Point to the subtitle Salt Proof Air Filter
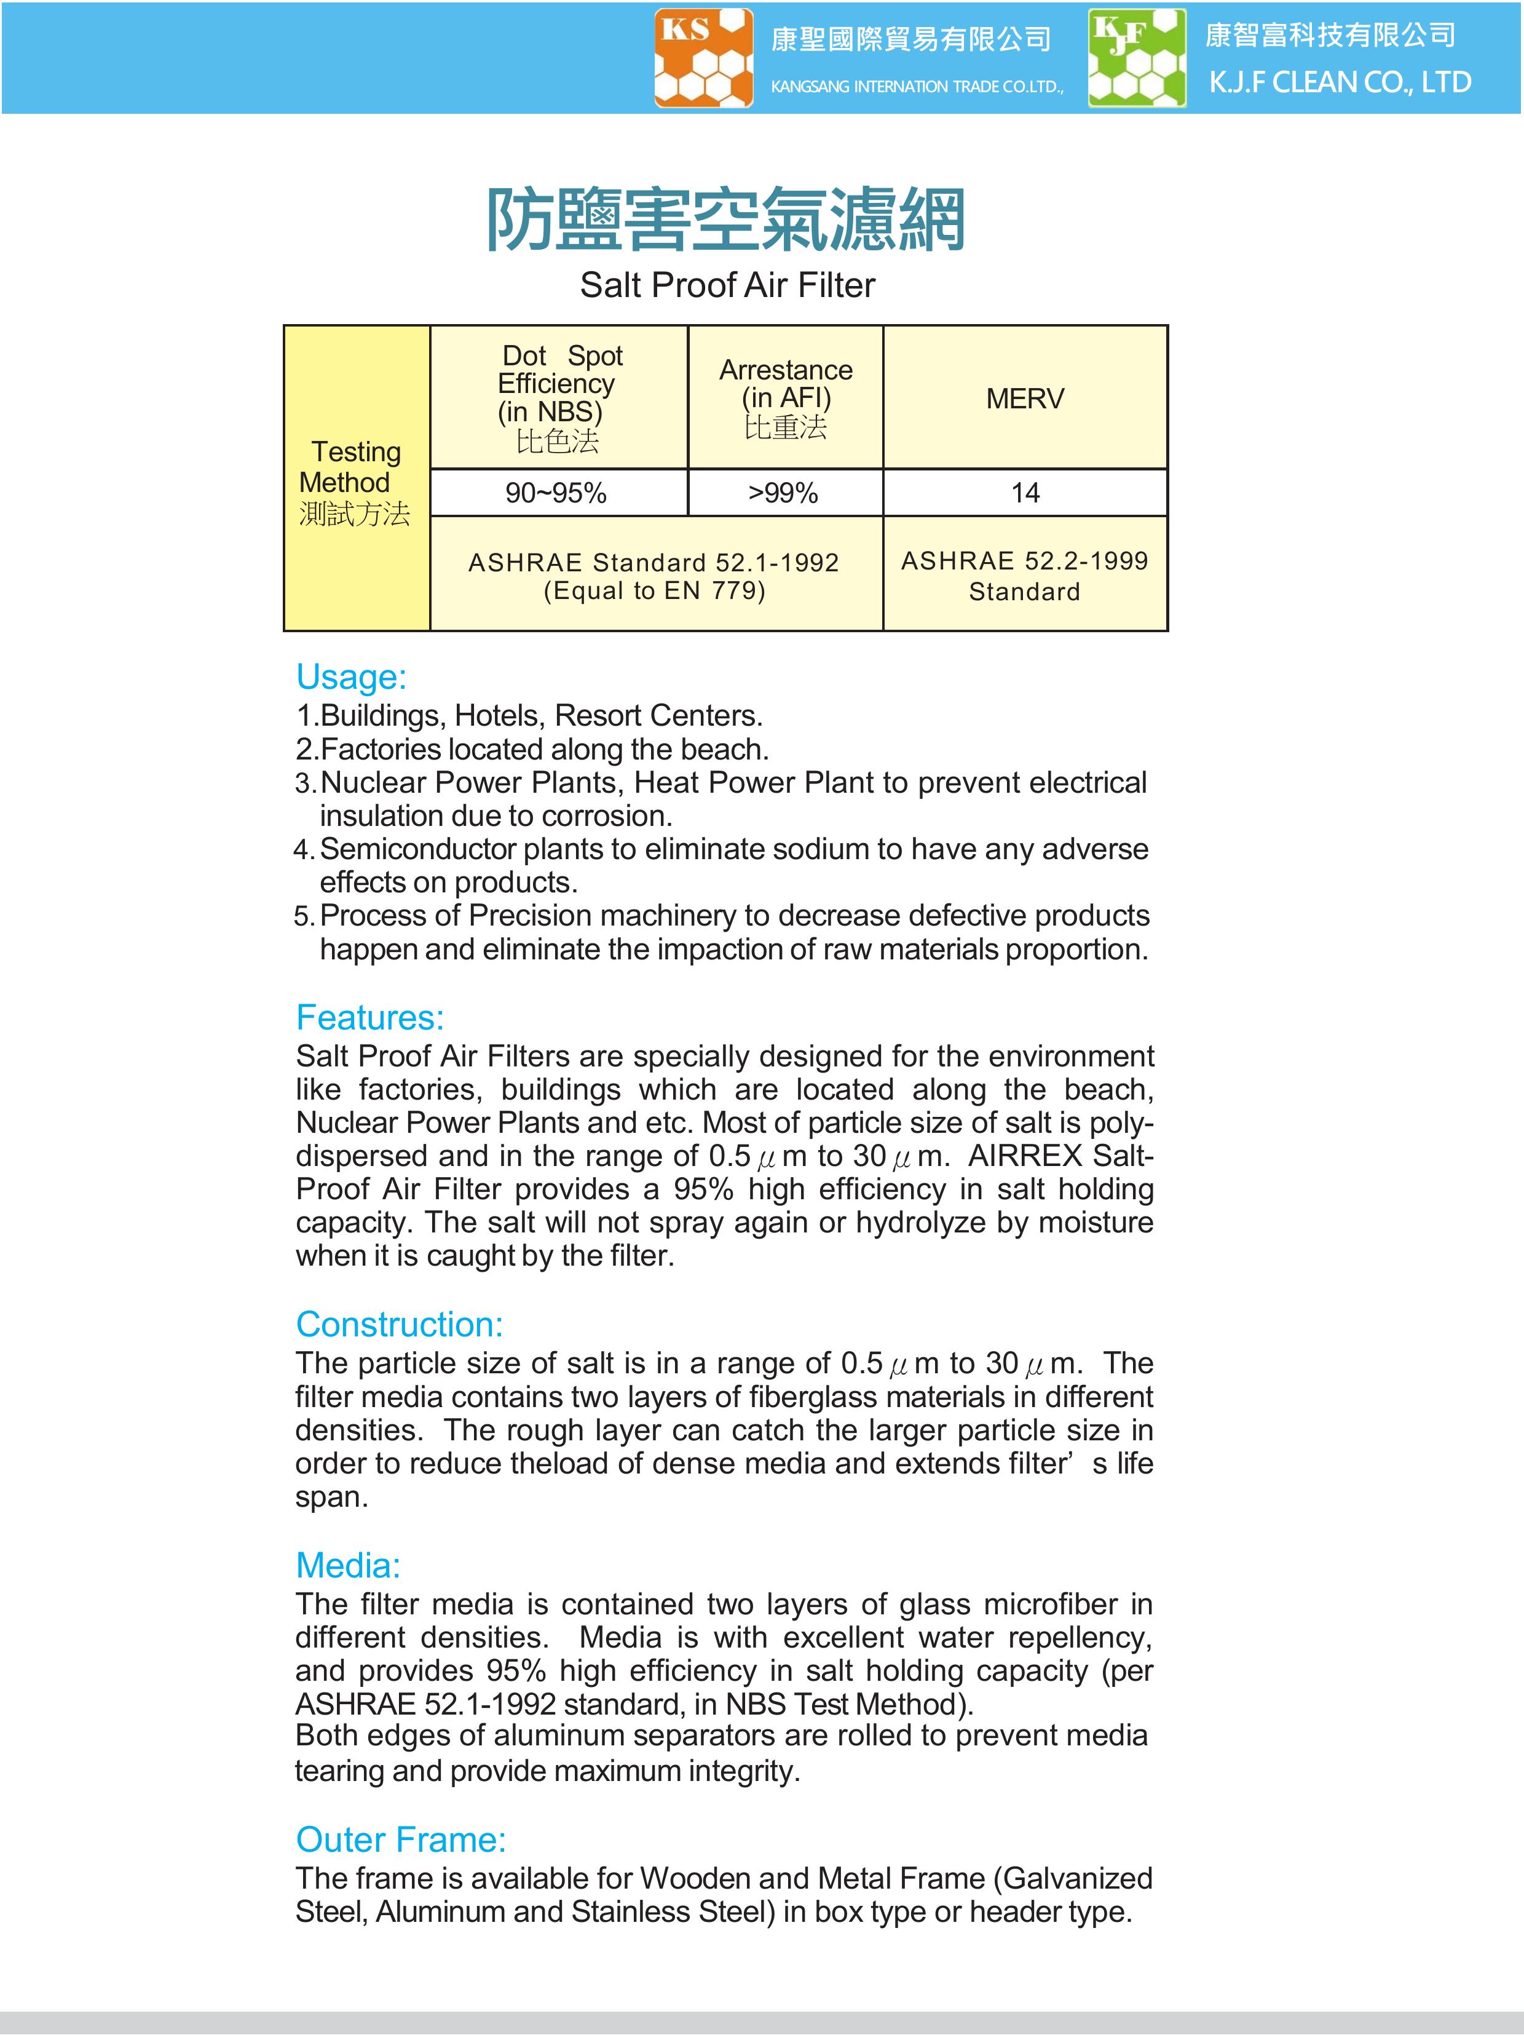pos(727,285)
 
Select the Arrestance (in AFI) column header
pos(786,397)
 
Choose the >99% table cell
pos(784,493)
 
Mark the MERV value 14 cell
pos(1025,493)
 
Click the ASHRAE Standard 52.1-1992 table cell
pos(654,575)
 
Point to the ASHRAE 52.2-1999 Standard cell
pos(1025,575)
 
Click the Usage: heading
pos(350,677)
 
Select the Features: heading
pos(369,1017)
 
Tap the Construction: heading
pos(399,1324)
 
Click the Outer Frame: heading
pos(401,1839)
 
